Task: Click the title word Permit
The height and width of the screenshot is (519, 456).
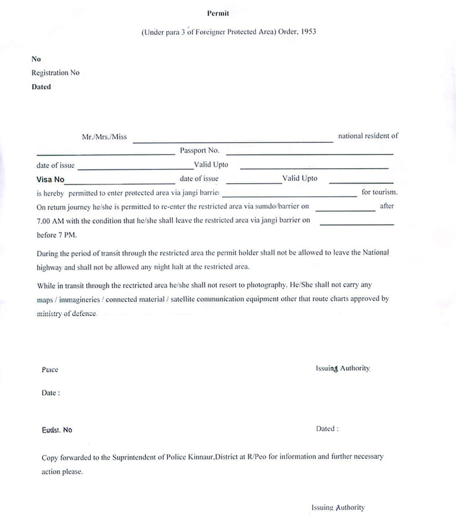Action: pyautogui.click(x=218, y=13)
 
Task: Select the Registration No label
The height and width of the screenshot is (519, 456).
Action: pyautogui.click(x=55, y=73)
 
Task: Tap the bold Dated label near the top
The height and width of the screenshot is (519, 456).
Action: pyautogui.click(x=41, y=87)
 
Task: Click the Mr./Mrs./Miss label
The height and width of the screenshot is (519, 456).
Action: pyautogui.click(x=104, y=137)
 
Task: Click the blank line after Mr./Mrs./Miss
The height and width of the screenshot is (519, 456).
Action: pyautogui.click(x=233, y=141)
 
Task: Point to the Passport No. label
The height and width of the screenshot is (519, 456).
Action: pyautogui.click(x=199, y=150)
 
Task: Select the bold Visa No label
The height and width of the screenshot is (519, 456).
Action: pyautogui.click(x=50, y=180)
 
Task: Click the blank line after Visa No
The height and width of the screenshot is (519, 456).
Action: pyautogui.click(x=120, y=183)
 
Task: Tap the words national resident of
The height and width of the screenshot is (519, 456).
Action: pyautogui.click(x=368, y=136)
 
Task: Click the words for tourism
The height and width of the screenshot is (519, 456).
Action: pyautogui.click(x=379, y=192)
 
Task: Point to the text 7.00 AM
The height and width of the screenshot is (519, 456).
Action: pyautogui.click(x=50, y=221)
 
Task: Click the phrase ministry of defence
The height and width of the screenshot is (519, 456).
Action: pyautogui.click(x=66, y=313)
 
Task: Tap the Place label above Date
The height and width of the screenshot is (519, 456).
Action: pyautogui.click(x=50, y=370)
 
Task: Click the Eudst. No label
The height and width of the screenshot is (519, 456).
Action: pyautogui.click(x=57, y=430)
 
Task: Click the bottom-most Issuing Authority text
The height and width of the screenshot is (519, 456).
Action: pyautogui.click(x=338, y=508)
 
